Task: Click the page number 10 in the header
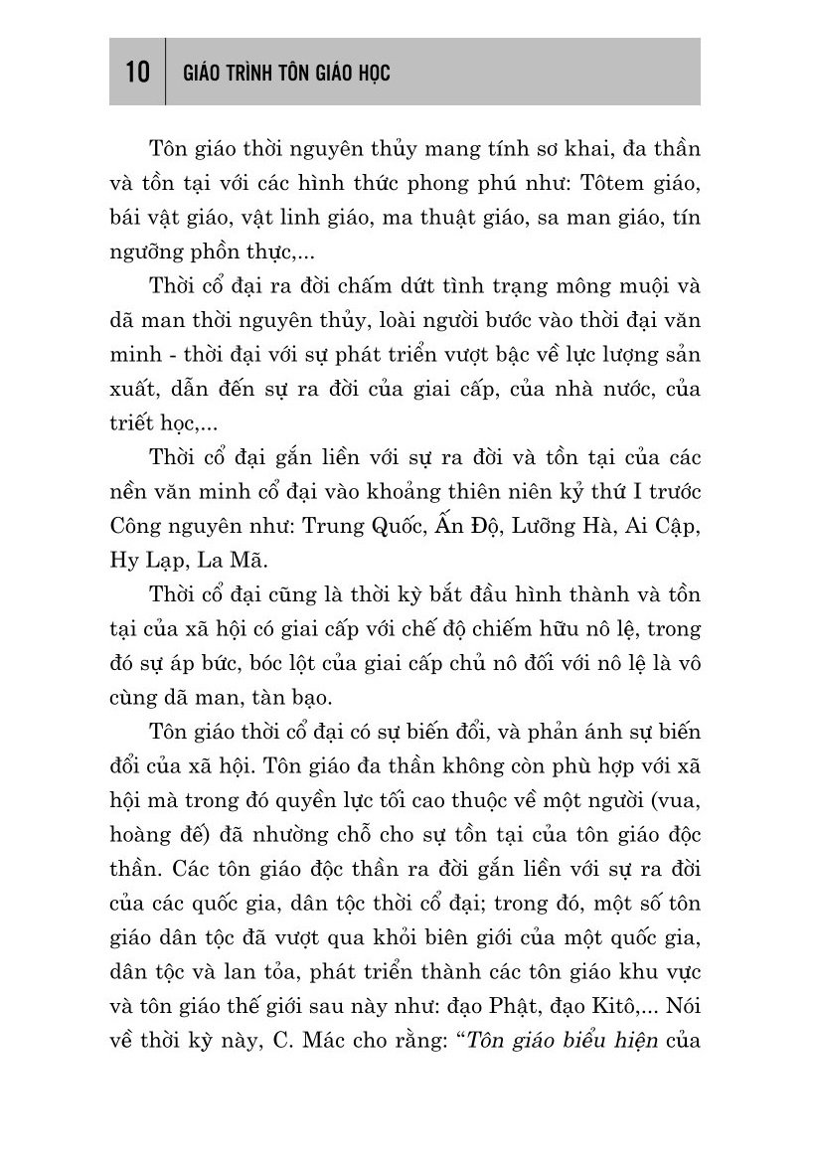[x=137, y=74]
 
